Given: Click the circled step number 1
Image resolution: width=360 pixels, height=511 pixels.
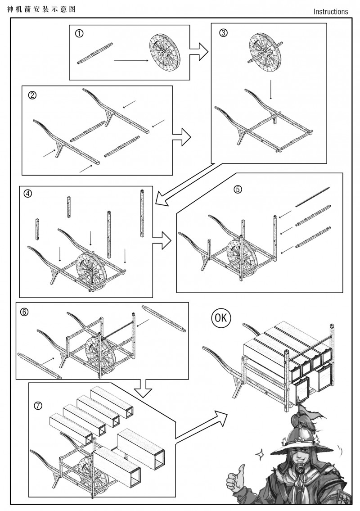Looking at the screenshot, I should click(x=79, y=33).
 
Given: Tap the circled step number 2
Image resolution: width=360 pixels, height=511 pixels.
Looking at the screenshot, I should click(x=32, y=95).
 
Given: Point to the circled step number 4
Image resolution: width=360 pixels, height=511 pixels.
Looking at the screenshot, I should click(x=28, y=194).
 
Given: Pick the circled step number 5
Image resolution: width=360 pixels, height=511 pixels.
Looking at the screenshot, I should click(x=238, y=189).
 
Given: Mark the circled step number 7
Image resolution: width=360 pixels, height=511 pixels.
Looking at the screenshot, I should click(x=38, y=405).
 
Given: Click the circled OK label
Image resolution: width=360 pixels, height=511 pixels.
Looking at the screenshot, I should click(x=221, y=318).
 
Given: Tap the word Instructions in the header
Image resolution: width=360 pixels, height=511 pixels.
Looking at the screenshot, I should click(x=331, y=12).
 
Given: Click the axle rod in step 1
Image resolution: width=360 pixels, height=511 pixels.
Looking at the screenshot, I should click(x=95, y=54).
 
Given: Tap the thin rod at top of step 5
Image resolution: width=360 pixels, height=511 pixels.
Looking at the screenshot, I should click(x=313, y=197).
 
